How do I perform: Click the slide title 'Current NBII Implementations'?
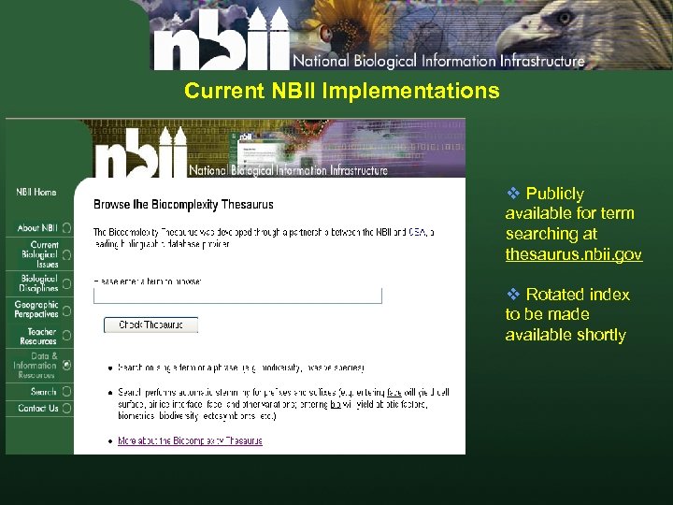[341, 92]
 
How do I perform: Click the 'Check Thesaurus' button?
[150, 325]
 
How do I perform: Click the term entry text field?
[237, 296]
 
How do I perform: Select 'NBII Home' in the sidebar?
[36, 193]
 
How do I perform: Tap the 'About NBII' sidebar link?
[37, 227]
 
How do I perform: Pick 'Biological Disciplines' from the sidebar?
[39, 282]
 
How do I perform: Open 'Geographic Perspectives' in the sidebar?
[36, 310]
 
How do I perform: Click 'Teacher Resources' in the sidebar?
[41, 337]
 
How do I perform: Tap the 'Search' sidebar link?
[43, 392]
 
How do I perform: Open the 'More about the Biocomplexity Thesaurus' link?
[190, 440]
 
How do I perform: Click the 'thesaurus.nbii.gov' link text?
[573, 254]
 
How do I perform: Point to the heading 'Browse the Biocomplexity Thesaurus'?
[183, 204]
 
